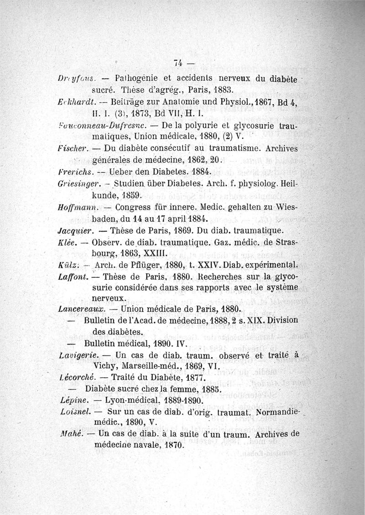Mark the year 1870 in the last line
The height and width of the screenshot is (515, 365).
pyautogui.click(x=169, y=445)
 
